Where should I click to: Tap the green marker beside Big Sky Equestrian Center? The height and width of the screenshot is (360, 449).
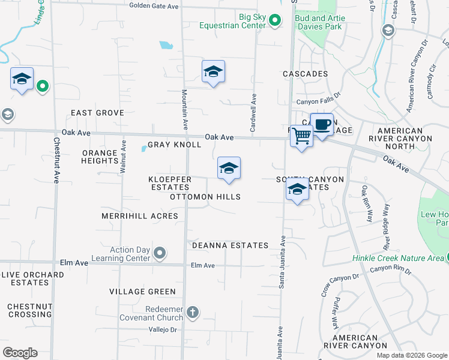(275, 22)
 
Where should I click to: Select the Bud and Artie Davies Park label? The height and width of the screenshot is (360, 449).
(319, 22)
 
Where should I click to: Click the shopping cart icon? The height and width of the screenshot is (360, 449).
(301, 136)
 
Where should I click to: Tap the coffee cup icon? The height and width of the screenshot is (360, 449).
(322, 124)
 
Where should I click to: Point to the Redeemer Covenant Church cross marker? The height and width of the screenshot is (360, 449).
(192, 312)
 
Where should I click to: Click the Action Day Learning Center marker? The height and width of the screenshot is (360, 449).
(160, 254)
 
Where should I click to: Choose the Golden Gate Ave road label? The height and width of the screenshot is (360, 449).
(154, 6)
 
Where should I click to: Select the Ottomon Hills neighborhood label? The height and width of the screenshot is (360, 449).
(205, 197)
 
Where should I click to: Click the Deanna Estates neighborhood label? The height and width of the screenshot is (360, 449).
(230, 245)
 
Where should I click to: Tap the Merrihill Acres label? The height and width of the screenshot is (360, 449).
(140, 216)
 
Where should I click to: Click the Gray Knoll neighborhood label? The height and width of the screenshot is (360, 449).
(174, 145)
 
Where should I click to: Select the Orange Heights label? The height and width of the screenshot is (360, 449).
(100, 157)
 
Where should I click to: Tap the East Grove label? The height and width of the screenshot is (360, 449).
(97, 113)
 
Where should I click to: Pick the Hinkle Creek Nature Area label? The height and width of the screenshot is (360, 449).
(396, 258)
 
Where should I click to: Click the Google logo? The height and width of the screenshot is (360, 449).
(20, 353)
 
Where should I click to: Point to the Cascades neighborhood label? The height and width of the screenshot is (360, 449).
(306, 74)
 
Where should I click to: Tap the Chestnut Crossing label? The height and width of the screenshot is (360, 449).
(30, 310)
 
